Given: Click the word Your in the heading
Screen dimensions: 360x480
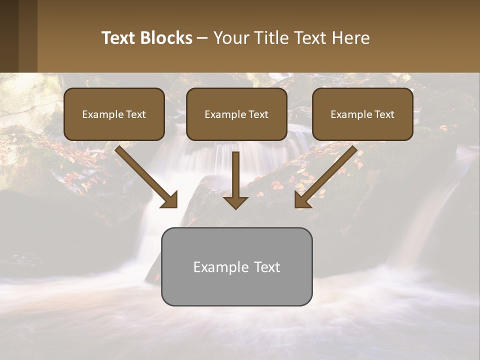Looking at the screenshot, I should [x=233, y=38].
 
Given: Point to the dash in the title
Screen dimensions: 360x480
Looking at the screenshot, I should [x=202, y=38].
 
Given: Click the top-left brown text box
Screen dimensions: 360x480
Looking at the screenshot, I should [x=114, y=114].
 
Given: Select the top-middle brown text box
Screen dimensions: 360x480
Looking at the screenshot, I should [x=236, y=114].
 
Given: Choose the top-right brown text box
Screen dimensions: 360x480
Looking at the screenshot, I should [x=362, y=114].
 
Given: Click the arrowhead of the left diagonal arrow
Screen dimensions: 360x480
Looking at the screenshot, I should [x=170, y=200].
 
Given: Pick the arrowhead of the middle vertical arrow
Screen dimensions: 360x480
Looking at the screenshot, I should [x=236, y=202].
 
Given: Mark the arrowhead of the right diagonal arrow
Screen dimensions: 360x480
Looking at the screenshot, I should [x=302, y=200].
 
